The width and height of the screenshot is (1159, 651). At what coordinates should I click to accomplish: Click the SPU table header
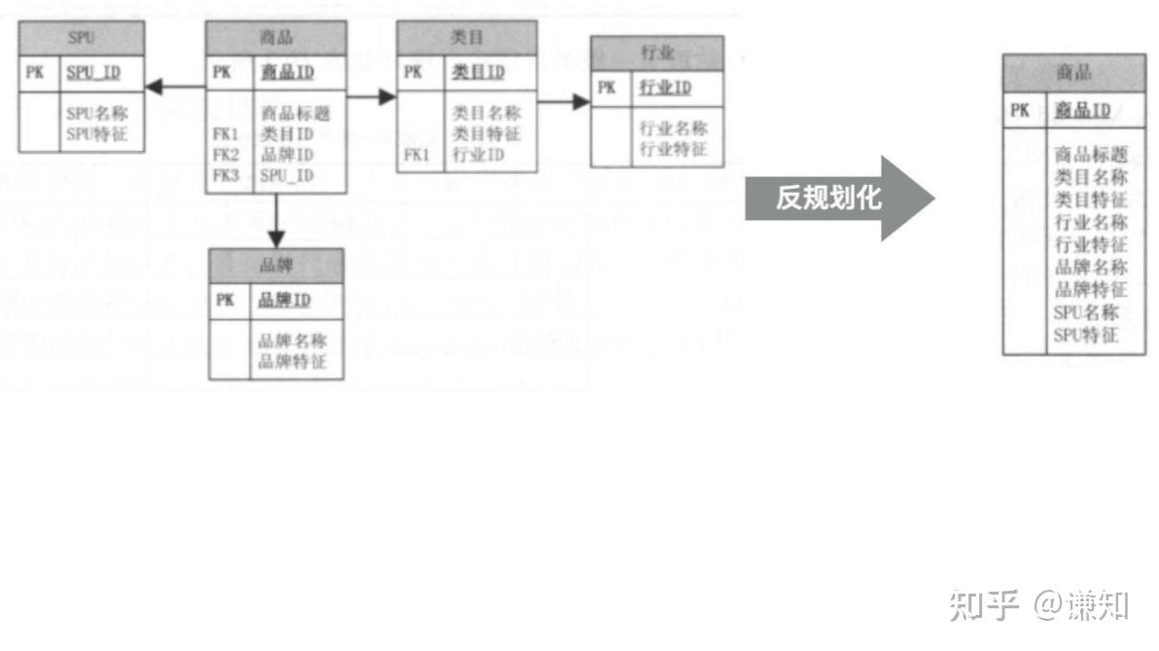point(82,38)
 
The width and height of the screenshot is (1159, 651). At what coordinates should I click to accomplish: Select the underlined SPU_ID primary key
point(93,73)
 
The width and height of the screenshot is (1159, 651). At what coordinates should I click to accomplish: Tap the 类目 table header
point(467,38)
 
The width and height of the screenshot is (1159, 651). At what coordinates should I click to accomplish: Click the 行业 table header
point(657,53)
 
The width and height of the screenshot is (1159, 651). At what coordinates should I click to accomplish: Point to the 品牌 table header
point(276,265)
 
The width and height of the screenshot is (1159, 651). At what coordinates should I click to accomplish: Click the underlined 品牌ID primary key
point(284,300)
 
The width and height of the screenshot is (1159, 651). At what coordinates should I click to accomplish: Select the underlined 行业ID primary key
point(665,88)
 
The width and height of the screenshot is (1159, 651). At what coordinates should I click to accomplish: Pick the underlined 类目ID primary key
point(478,72)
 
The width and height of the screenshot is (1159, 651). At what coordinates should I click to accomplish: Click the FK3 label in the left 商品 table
point(226,176)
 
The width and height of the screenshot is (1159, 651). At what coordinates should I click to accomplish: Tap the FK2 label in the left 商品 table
point(226,155)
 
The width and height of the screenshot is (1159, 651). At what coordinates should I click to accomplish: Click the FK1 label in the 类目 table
point(416,155)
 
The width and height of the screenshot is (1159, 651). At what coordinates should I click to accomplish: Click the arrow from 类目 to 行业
point(564,102)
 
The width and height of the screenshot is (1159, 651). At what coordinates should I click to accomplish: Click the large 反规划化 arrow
point(836,199)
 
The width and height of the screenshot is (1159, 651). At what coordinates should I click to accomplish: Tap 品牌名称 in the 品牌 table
point(292,342)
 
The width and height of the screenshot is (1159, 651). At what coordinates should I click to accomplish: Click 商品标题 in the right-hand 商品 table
point(1091,155)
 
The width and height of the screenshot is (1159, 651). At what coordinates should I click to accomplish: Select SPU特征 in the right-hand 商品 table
point(1086,336)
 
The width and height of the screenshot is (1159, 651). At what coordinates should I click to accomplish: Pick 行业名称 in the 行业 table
point(673,128)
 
